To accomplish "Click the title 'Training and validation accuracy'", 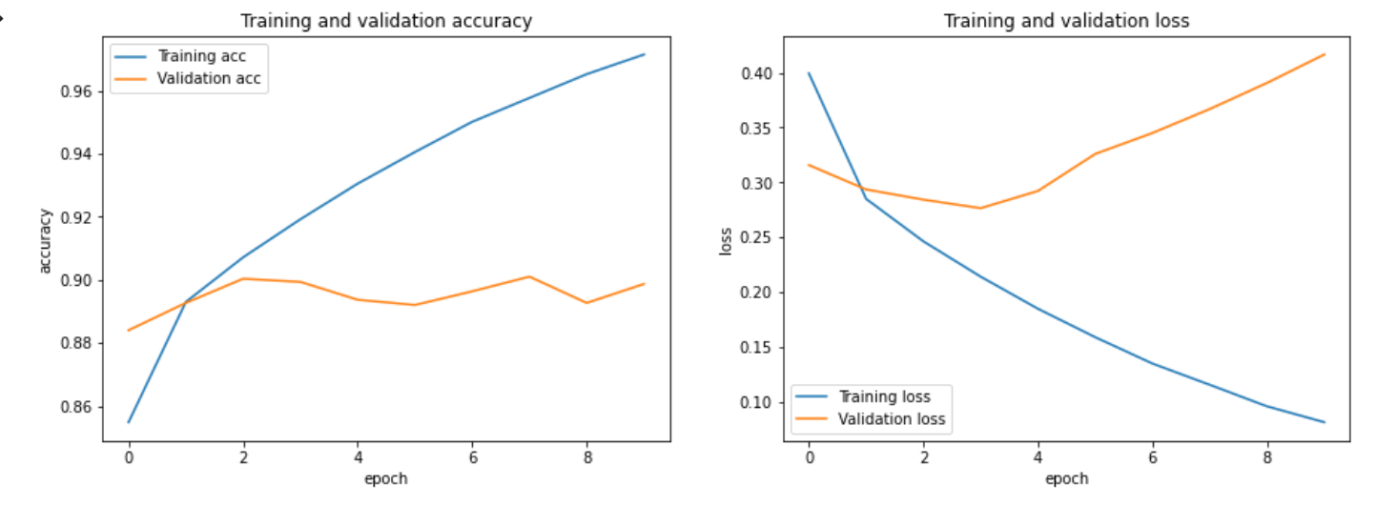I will pyautogui.click(x=386, y=20).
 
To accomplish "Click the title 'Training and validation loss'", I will pyautogui.click(x=1066, y=20).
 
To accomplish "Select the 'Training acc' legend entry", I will pyautogui.click(x=201, y=56).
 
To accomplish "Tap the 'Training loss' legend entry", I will pyautogui.click(x=883, y=396).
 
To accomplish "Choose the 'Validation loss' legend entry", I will pyautogui.click(x=891, y=419).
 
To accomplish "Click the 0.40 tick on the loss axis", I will pyautogui.click(x=759, y=73).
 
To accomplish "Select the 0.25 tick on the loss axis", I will pyautogui.click(x=759, y=238).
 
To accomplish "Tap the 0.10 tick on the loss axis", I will pyautogui.click(x=759, y=402).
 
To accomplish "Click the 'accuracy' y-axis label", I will pyautogui.click(x=45, y=241).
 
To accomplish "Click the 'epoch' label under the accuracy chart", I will pyautogui.click(x=386, y=478).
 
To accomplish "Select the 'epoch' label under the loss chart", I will pyautogui.click(x=1066, y=478).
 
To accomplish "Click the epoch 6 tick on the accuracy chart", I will pyautogui.click(x=472, y=457).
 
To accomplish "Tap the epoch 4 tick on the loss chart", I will pyautogui.click(x=1037, y=457).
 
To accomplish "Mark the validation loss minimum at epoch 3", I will pyautogui.click(x=980, y=208).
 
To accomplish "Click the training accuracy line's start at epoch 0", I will pyautogui.click(x=129, y=422).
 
